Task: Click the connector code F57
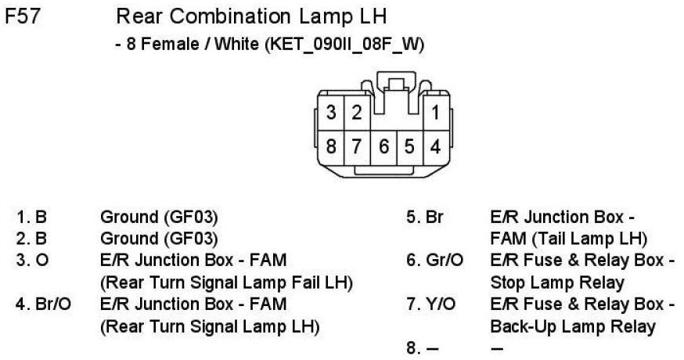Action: [x=23, y=16]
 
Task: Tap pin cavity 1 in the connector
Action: [x=436, y=113]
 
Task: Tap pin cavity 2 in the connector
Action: [x=356, y=113]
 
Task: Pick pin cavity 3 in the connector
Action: [x=332, y=113]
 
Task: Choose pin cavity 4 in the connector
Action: [x=436, y=146]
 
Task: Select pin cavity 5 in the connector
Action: [x=409, y=146]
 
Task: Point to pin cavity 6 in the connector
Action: [x=383, y=146]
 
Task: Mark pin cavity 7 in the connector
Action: [x=357, y=146]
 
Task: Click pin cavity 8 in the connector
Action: [x=332, y=146]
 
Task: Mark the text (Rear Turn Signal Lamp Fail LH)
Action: [x=227, y=281]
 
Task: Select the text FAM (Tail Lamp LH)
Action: [x=569, y=238]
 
